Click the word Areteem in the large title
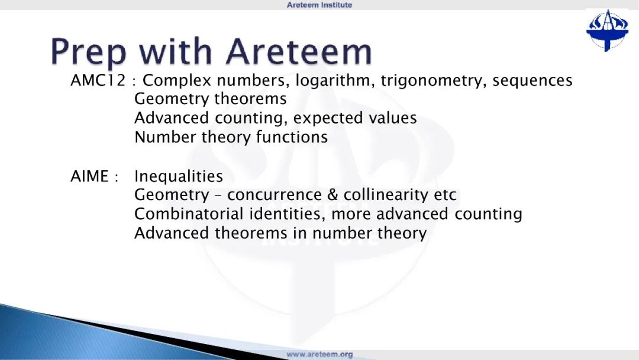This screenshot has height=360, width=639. click(299, 52)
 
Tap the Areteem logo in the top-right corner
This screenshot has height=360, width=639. click(607, 31)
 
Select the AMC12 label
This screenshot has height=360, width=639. click(98, 80)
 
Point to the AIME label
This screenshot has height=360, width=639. click(90, 176)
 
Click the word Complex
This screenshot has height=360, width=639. click(177, 81)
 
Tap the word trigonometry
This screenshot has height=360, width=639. click(433, 81)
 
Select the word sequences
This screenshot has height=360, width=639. click(532, 81)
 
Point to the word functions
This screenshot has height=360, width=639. click(292, 137)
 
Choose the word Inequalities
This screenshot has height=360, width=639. click(179, 176)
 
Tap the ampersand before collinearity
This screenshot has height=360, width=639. click(333, 194)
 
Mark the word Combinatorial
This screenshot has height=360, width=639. click(189, 214)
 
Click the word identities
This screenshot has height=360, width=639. click(288, 214)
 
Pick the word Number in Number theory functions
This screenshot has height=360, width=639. click(166, 137)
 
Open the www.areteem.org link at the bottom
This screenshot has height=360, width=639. click(319, 354)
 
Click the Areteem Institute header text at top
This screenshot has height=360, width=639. click(319, 5)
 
